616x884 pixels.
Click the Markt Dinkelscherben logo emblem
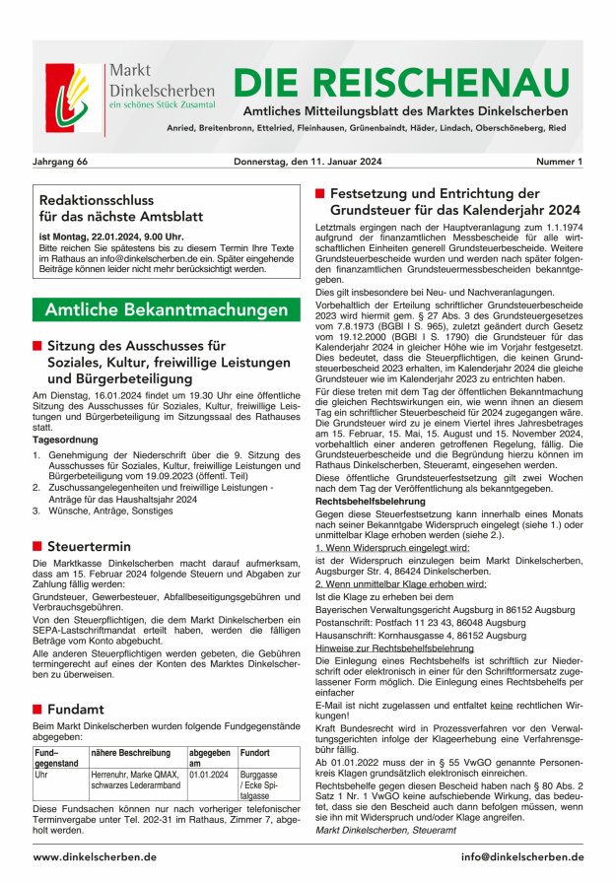[73, 99]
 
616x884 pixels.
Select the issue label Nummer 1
[559, 161]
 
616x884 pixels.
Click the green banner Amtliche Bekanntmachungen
[166, 309]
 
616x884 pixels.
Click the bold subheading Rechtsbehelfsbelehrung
[369, 501]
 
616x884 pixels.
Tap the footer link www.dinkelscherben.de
[94, 856]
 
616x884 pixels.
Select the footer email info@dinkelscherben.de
[521, 856]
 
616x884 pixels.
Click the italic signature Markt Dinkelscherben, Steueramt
[386, 831]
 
